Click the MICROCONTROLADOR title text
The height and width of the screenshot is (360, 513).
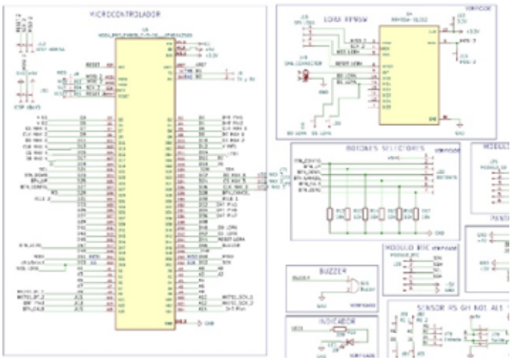pos(125,14)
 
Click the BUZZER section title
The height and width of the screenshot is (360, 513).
pos(326,270)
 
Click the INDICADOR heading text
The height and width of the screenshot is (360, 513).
pos(332,321)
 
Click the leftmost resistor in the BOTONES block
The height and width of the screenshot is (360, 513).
pos(330,215)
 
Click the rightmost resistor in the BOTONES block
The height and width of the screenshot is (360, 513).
pos(416,215)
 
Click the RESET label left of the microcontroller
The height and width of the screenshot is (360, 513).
pos(93,64)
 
